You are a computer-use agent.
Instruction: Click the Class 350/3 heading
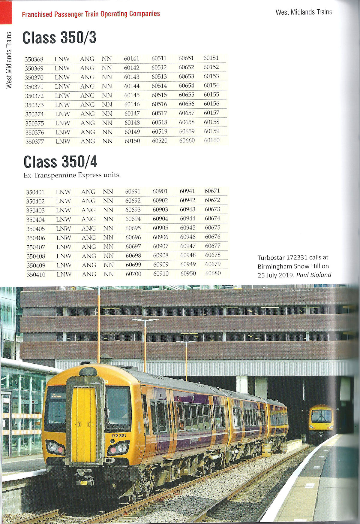[59, 38]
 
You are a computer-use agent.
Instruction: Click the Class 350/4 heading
[60, 162]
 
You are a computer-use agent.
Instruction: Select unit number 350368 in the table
[34, 59]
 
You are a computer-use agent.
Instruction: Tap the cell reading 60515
[159, 95]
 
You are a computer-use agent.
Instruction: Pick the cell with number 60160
[212, 140]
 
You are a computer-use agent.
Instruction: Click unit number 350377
[34, 141]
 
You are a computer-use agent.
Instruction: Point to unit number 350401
[35, 192]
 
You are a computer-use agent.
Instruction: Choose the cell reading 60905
[160, 228]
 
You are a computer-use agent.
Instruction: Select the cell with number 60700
[133, 274]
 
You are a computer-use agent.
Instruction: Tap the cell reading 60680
[213, 273]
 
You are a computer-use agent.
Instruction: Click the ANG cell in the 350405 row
[88, 228]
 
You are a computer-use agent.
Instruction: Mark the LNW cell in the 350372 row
[62, 95]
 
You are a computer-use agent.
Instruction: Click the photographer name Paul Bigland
[314, 275]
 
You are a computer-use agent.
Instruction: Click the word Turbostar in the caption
[271, 257]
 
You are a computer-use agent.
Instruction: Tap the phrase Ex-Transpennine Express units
[72, 175]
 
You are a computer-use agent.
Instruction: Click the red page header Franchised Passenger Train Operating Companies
[91, 14]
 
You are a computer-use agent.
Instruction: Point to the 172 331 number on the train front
[118, 435]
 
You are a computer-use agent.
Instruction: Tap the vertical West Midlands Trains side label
[9, 60]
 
